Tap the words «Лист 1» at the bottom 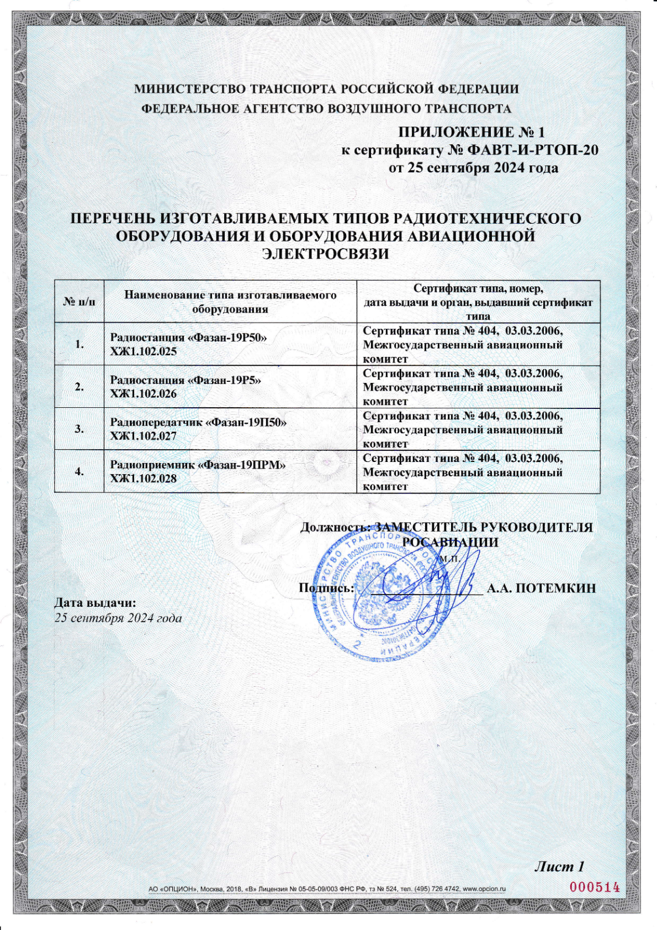coord(559,866)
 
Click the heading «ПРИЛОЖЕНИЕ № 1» coord(471,133)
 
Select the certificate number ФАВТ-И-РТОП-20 coord(533,150)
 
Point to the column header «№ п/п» coord(79,302)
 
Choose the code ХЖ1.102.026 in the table coord(144,394)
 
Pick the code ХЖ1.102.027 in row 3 coord(144,436)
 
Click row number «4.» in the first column coord(79,471)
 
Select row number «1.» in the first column coord(79,344)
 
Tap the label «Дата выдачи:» coord(94,603)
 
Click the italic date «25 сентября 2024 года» coord(118,618)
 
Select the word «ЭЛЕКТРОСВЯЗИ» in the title coord(325,254)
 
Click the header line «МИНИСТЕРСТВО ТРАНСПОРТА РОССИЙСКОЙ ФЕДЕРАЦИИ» coord(327,89)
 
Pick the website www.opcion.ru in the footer coord(484,889)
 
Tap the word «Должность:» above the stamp coord(335,527)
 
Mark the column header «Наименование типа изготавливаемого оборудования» coord(230,302)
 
